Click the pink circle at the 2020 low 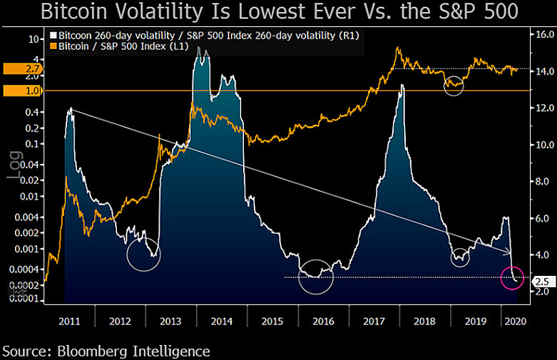click(x=513, y=277)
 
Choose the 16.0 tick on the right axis click(x=541, y=34)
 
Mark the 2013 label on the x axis click(x=170, y=321)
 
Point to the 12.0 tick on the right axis click(x=541, y=108)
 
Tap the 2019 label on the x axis click(x=476, y=321)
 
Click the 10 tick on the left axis click(x=29, y=40)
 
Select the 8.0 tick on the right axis click(x=541, y=182)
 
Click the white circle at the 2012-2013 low click(x=143, y=254)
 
